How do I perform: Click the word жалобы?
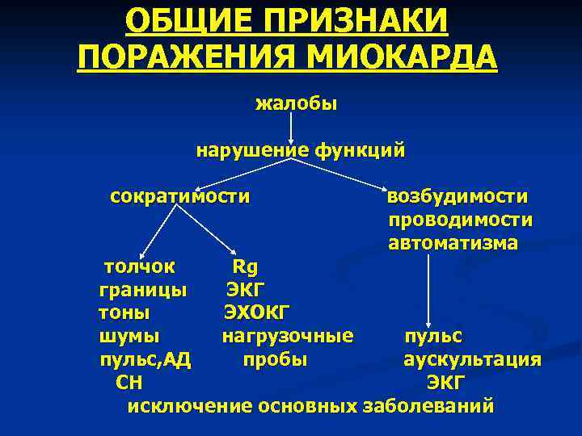(x=296, y=103)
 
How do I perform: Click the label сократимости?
(x=179, y=196)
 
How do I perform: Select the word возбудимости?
(x=458, y=197)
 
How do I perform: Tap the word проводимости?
(x=460, y=220)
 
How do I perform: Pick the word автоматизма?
(x=453, y=243)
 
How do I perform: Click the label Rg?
(x=244, y=266)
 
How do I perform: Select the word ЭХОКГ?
(x=258, y=312)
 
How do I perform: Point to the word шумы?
(x=129, y=335)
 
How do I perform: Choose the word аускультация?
(x=473, y=359)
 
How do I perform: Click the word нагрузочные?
(x=288, y=335)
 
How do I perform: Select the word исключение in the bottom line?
(x=190, y=405)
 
